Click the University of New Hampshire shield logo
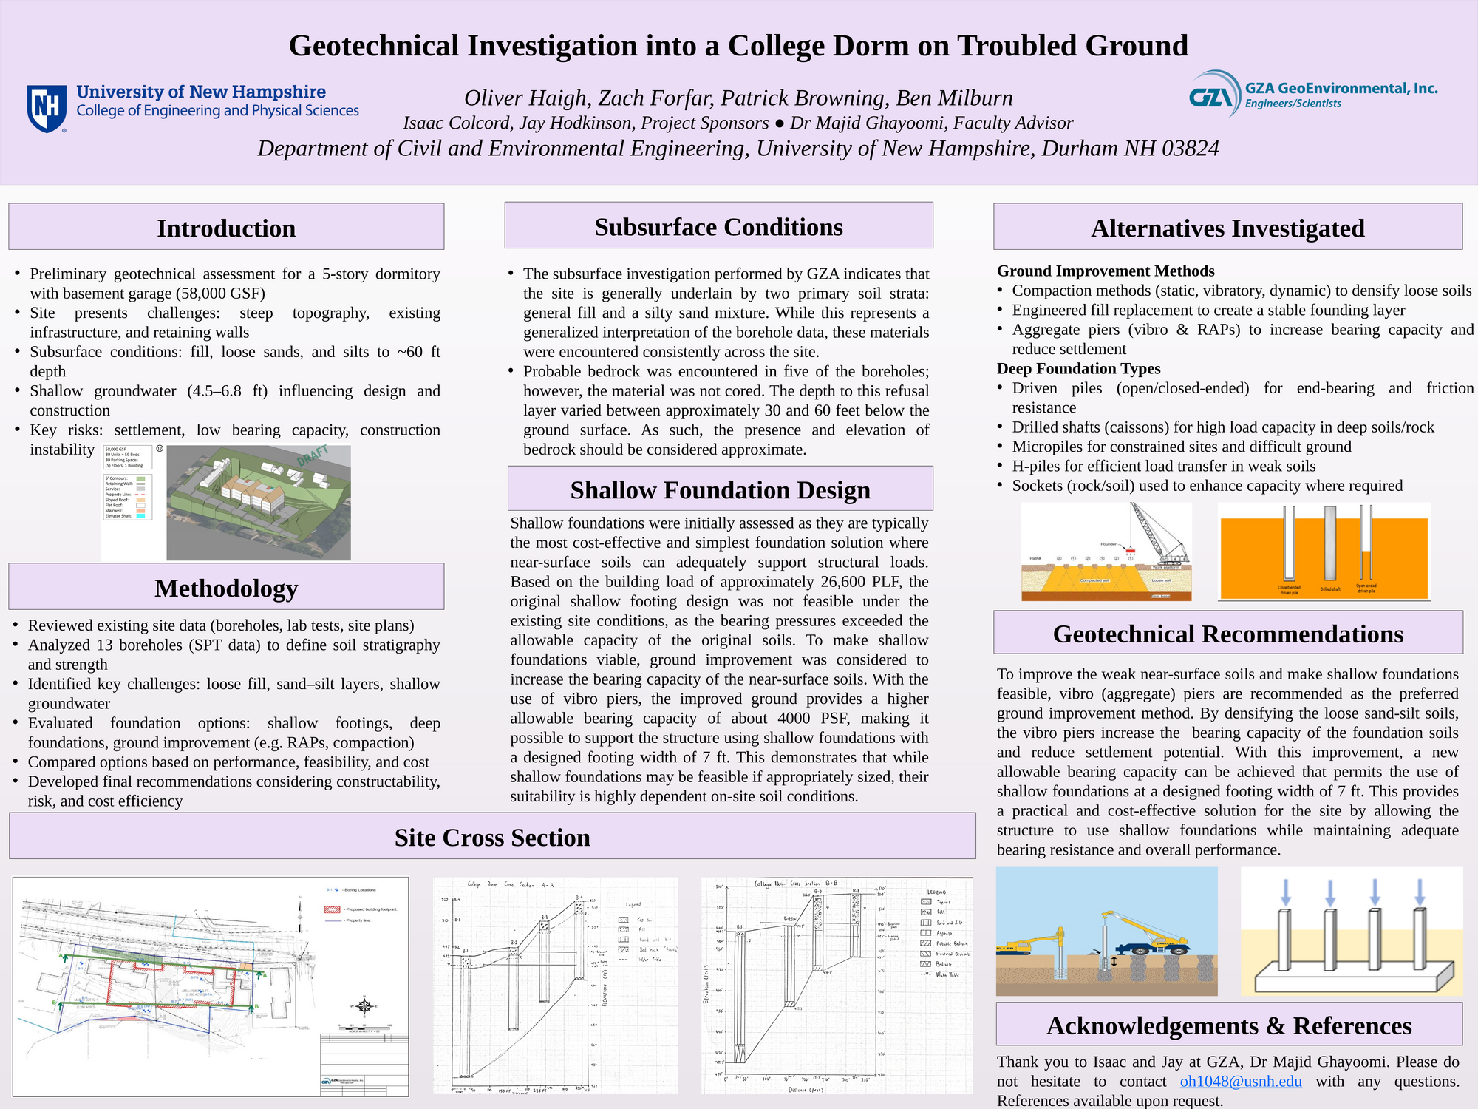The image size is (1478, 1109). click(x=47, y=108)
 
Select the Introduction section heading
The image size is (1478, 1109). click(x=226, y=228)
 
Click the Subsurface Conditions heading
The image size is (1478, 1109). click(x=718, y=226)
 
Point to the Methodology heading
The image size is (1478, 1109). click(x=226, y=588)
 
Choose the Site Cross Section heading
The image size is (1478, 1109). click(x=492, y=837)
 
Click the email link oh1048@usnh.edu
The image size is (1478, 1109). click(x=1241, y=1081)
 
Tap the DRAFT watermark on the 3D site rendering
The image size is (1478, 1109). click(x=313, y=455)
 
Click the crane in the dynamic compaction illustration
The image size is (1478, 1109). click(x=1160, y=534)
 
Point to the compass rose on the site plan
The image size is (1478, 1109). click(x=364, y=1006)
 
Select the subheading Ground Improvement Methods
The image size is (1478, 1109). click(x=1106, y=271)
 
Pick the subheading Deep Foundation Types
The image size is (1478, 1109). click(x=1078, y=368)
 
